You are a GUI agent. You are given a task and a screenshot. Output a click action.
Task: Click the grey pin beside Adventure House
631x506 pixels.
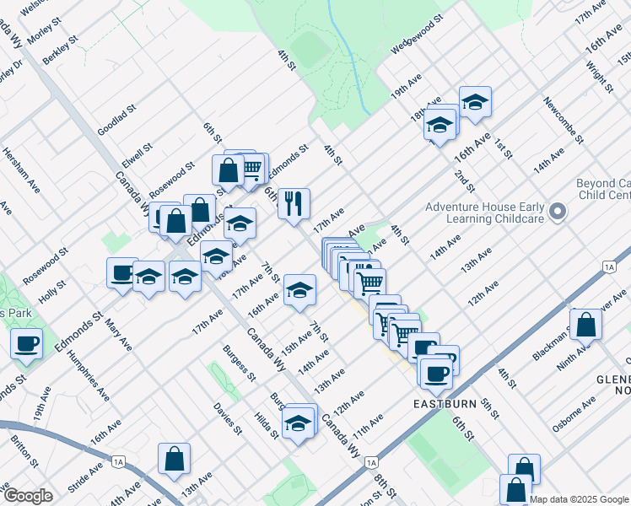(557, 213)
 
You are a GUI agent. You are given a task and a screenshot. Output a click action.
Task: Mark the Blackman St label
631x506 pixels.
(550, 344)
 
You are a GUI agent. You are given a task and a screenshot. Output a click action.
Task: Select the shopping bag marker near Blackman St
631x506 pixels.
(585, 324)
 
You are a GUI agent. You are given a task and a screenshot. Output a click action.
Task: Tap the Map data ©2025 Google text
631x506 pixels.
(579, 499)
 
